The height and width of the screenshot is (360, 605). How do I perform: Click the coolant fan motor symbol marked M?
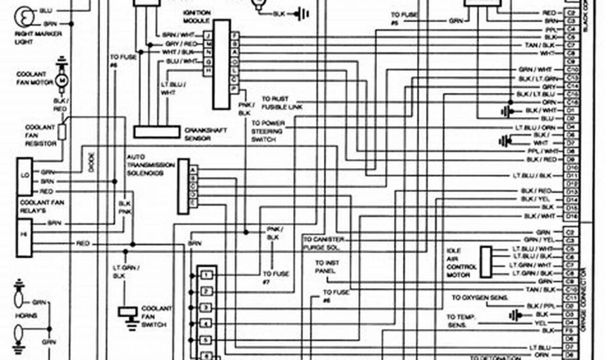61,80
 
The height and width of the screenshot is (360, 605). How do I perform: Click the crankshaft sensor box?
157,132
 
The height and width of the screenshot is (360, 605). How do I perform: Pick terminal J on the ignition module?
208,35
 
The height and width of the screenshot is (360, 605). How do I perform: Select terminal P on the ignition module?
235,89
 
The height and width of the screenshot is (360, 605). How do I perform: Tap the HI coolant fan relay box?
24,235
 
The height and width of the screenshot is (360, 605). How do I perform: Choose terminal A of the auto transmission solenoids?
193,169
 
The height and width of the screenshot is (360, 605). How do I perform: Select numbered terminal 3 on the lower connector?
206,308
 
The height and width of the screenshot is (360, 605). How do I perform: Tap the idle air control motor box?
486,261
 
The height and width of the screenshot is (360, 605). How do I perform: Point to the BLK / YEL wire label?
536,199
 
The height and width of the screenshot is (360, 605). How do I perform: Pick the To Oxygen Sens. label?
480,298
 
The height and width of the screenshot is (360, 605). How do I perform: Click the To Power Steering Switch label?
268,131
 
